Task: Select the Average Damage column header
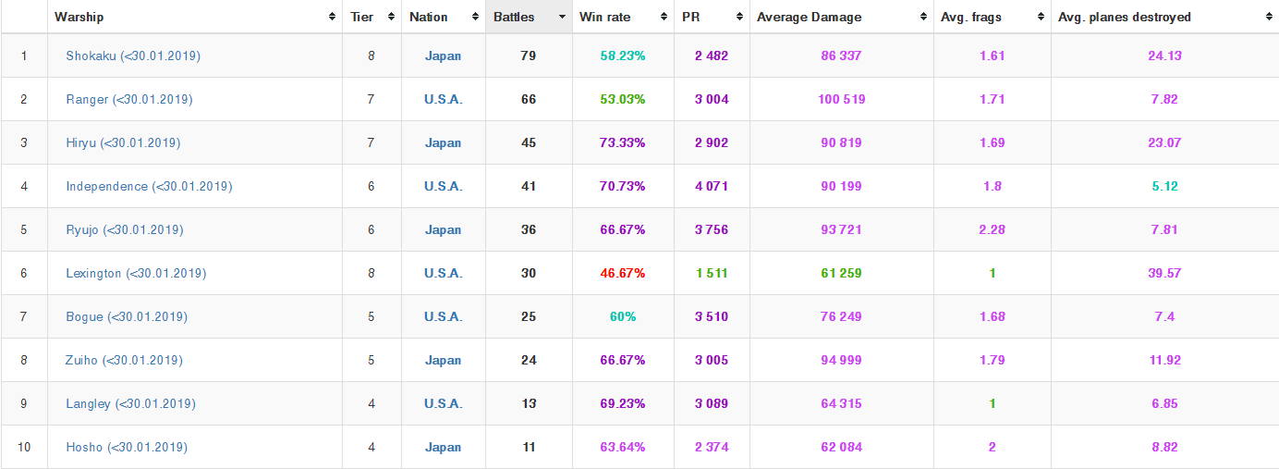point(809,17)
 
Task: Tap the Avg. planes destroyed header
point(1124,17)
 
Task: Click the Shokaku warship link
point(133,56)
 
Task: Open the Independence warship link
point(149,186)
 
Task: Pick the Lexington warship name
point(136,273)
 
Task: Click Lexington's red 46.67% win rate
point(623,273)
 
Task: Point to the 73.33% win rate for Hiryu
point(623,142)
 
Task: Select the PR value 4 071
point(712,186)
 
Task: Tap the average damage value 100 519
point(841,99)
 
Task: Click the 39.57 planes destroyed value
point(1164,273)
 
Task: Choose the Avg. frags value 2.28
point(992,229)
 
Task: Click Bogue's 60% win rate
point(623,316)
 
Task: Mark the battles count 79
point(529,56)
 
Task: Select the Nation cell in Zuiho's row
point(443,360)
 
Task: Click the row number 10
point(24,447)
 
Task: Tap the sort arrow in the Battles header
point(562,17)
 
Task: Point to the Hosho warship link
point(127,447)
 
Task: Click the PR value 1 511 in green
point(712,273)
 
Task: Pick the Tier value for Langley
point(371,403)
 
